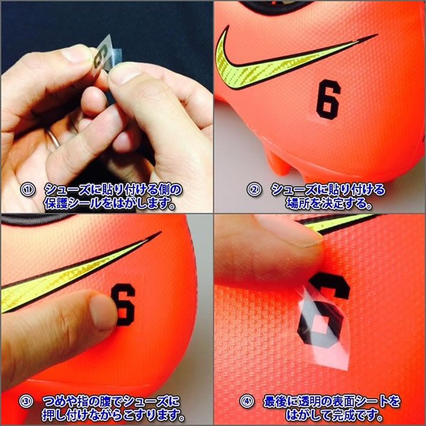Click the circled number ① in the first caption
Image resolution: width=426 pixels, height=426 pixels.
pyautogui.click(x=26, y=190)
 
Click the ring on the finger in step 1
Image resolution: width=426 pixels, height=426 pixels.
pyautogui.click(x=54, y=139)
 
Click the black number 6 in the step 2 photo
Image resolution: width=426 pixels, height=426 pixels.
pyautogui.click(x=328, y=99)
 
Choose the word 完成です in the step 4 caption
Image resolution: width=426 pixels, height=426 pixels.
pyautogui.click(x=373, y=415)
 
